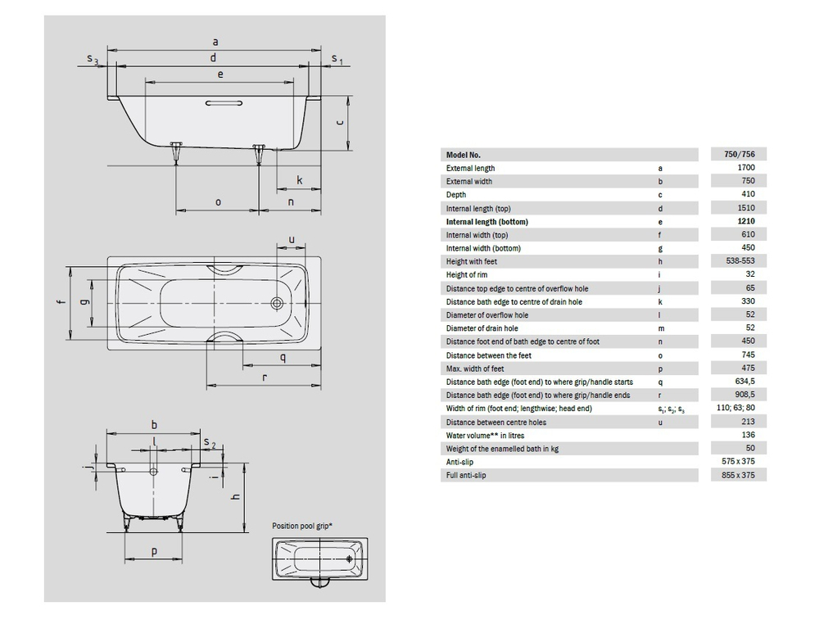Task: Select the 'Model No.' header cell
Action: [x=464, y=155]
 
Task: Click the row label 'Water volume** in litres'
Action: [x=486, y=436]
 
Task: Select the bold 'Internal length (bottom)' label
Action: [x=487, y=222]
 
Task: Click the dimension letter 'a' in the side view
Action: [x=215, y=40]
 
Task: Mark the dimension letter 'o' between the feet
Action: [x=218, y=201]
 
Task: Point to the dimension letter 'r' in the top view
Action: [x=265, y=378]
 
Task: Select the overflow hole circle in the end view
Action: [x=154, y=472]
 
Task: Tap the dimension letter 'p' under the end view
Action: [x=154, y=552]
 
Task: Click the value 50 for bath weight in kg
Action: [x=749, y=449]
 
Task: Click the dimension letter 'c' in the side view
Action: [x=339, y=121]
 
